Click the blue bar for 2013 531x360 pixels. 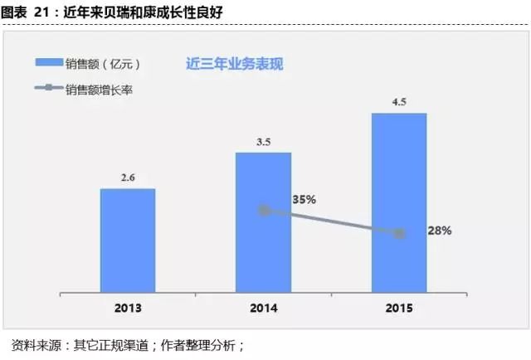[128, 241]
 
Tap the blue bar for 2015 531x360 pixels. [399, 203]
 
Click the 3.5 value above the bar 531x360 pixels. [264, 142]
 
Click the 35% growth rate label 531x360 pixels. [304, 200]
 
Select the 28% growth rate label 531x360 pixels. [438, 231]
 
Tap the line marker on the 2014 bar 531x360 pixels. [264, 211]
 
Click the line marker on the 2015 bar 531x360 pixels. [399, 234]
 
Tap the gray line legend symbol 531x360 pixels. [55, 89]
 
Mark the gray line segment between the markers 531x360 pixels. [332, 222]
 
